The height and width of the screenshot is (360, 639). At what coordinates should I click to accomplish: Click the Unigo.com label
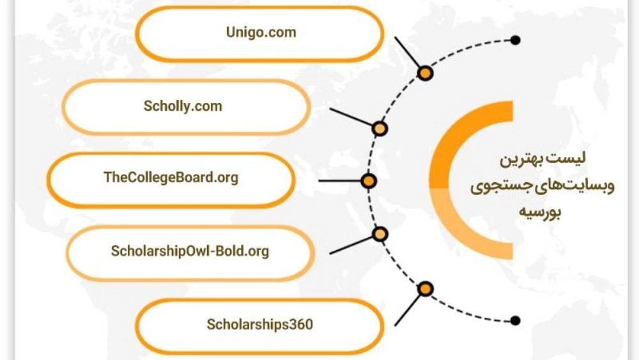261,32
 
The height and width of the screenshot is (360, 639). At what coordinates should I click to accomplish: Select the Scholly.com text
183,106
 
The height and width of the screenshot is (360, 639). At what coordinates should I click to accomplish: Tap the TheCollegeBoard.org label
171,178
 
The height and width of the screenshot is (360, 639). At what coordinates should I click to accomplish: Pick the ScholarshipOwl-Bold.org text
190,251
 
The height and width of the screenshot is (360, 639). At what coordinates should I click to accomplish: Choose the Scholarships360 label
260,325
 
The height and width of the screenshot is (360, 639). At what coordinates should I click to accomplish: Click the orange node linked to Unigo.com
425,74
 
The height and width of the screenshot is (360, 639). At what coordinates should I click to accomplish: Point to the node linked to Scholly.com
380,129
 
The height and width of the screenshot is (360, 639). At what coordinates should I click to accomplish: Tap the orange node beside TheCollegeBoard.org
369,180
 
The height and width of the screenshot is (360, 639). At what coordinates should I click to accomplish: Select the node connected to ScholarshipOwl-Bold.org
380,234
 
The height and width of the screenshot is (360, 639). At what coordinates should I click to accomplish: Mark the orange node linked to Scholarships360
425,289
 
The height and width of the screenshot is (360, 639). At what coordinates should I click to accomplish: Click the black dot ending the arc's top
516,40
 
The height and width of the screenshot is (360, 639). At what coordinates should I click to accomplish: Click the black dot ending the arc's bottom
516,321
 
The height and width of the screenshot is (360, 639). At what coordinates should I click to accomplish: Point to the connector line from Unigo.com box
406,52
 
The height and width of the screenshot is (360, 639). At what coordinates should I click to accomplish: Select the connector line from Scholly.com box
351,117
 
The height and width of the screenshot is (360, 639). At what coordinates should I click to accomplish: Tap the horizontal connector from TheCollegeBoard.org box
341,180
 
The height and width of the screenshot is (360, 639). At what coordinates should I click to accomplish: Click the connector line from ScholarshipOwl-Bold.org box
351,246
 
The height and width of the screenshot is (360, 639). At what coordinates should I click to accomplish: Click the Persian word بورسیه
540,211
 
